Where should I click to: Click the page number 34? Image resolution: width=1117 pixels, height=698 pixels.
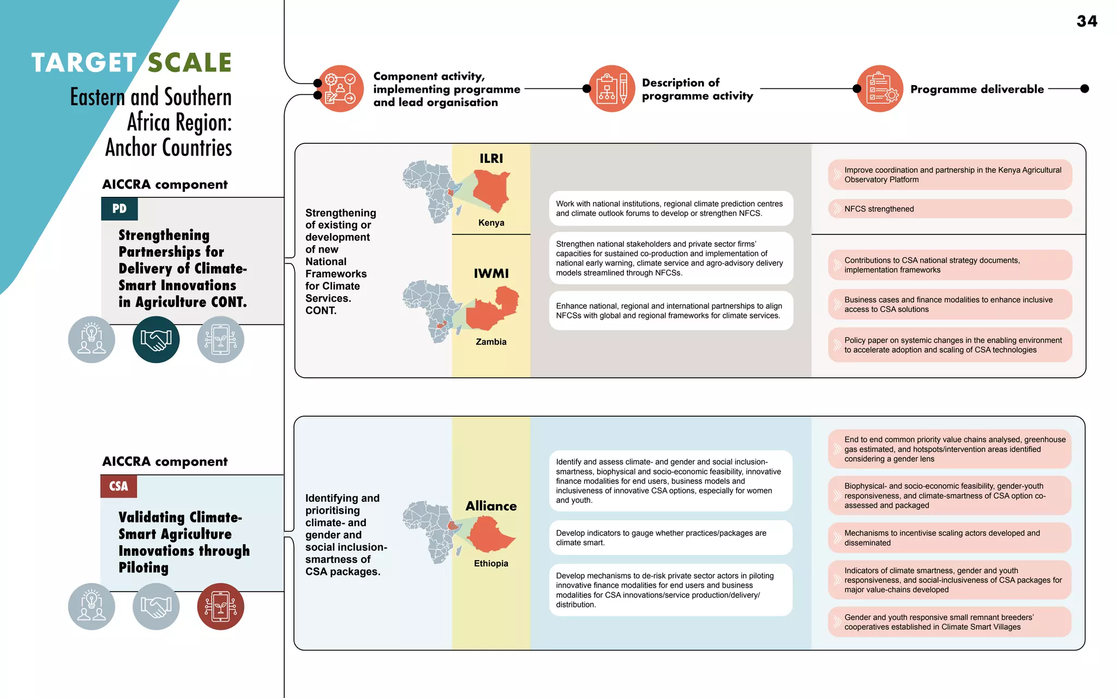tap(1086, 21)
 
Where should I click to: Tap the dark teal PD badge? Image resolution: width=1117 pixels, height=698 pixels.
tap(119, 209)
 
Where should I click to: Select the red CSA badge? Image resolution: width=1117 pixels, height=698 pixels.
tap(118, 486)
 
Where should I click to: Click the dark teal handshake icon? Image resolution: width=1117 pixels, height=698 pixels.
tap(156, 340)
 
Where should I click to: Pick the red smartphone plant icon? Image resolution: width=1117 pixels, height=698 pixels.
tap(220, 606)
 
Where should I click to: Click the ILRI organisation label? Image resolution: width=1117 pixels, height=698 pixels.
tap(491, 159)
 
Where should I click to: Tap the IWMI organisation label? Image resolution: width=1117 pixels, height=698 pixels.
tap(491, 273)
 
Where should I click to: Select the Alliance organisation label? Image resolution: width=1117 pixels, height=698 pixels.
tap(491, 506)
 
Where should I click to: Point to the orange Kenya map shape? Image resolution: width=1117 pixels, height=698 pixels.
tap(491, 190)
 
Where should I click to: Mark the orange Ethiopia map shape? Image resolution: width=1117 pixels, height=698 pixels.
tap(490, 534)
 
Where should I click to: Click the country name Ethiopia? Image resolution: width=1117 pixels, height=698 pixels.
tap(491, 563)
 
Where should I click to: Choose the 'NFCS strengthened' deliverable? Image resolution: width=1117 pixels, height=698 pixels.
tap(950, 209)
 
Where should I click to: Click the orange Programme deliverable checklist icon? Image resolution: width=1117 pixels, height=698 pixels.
tap(880, 89)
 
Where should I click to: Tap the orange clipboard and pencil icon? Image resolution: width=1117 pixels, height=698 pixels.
tap(612, 89)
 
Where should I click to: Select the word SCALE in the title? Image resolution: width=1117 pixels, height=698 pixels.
tap(190, 63)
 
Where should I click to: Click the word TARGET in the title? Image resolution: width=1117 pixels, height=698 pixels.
tap(84, 63)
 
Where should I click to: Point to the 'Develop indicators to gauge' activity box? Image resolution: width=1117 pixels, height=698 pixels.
tap(670, 538)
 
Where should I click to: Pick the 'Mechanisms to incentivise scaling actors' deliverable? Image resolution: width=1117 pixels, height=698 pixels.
tap(950, 538)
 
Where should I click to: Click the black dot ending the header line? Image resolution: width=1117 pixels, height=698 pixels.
tap(1084, 89)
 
